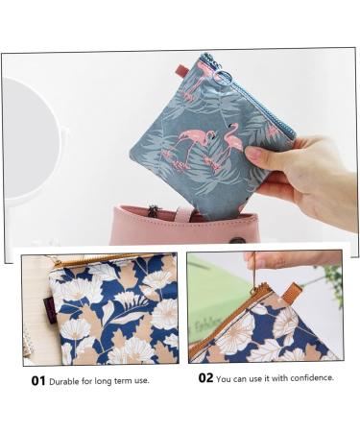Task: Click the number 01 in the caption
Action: click(x=37, y=380)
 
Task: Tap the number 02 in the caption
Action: click(x=205, y=378)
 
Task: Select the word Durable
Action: click(x=68, y=380)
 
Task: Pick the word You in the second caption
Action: click(x=227, y=378)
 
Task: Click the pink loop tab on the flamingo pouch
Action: click(x=182, y=69)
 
